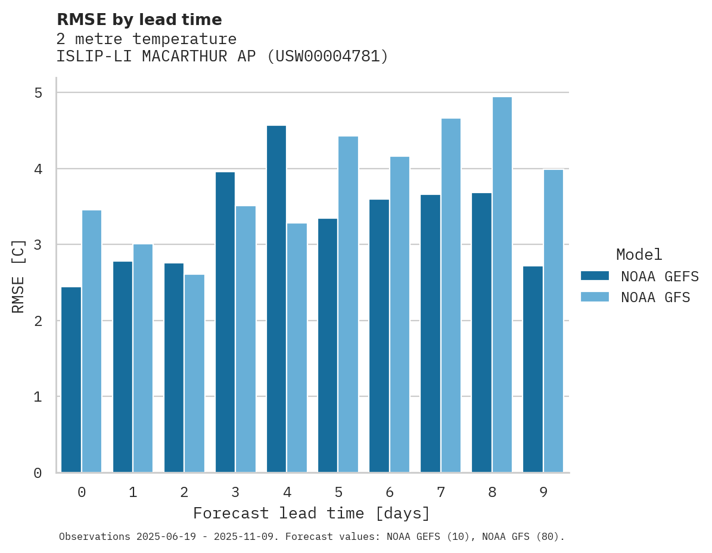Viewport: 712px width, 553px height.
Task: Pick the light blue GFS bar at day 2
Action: pos(194,373)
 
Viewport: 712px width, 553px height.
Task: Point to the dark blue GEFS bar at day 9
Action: pos(533,369)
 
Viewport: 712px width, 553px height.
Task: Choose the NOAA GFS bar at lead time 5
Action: pos(348,304)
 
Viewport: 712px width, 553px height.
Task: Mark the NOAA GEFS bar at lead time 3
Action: pos(225,322)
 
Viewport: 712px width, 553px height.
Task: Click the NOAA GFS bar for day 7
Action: pos(451,296)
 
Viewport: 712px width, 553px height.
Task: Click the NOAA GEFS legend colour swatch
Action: pos(595,276)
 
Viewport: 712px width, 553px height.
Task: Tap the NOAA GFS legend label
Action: pos(655,297)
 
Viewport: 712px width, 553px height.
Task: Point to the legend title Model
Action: pos(639,255)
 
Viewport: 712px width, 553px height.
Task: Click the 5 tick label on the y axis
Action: pos(38,93)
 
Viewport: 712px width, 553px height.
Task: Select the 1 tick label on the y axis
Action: pos(38,397)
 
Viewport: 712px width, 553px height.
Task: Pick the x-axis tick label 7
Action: pos(441,492)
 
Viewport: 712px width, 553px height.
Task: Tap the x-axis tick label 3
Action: pos(235,492)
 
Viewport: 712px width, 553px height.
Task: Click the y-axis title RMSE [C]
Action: pos(18,276)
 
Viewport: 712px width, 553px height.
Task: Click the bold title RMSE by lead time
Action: pos(139,20)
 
